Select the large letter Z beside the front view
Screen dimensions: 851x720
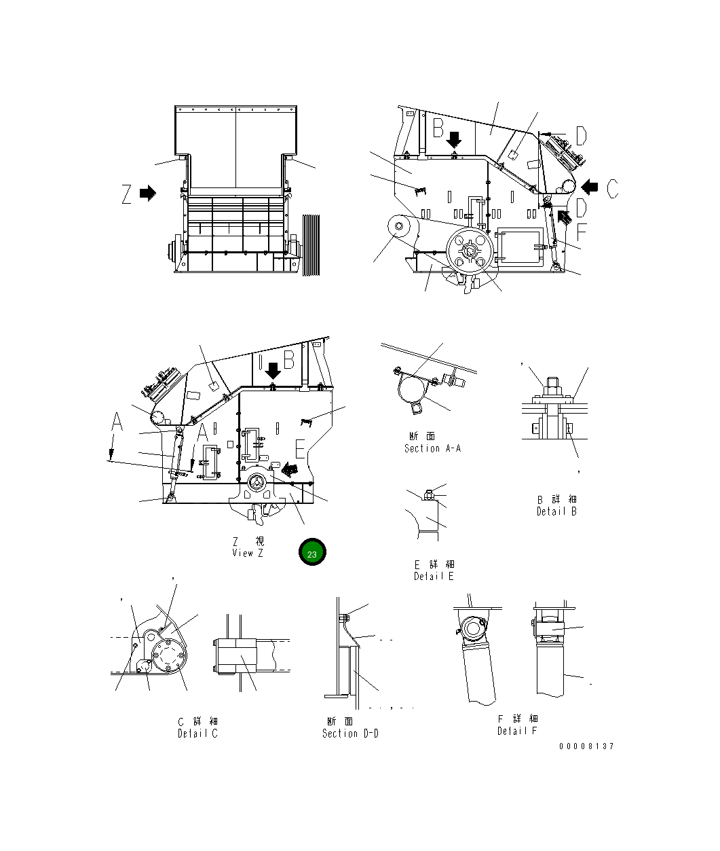(x=127, y=194)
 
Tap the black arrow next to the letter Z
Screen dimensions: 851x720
(x=148, y=194)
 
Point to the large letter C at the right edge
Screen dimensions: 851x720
(x=612, y=187)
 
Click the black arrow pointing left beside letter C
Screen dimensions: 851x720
(x=590, y=186)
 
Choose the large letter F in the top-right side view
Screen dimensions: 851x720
(x=582, y=232)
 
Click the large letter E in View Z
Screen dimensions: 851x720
(x=300, y=449)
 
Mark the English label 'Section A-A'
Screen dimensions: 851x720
(x=432, y=448)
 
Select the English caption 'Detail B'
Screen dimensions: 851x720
(x=556, y=511)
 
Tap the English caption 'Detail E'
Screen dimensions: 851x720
(x=434, y=577)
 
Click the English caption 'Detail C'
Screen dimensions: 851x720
(x=197, y=734)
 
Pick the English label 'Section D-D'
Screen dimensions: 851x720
(x=350, y=734)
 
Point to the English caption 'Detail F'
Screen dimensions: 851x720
(x=516, y=731)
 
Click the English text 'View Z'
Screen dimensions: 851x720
(x=247, y=553)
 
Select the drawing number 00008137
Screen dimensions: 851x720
(x=586, y=746)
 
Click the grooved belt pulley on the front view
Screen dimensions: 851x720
(x=311, y=245)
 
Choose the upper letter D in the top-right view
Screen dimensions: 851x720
(x=582, y=137)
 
